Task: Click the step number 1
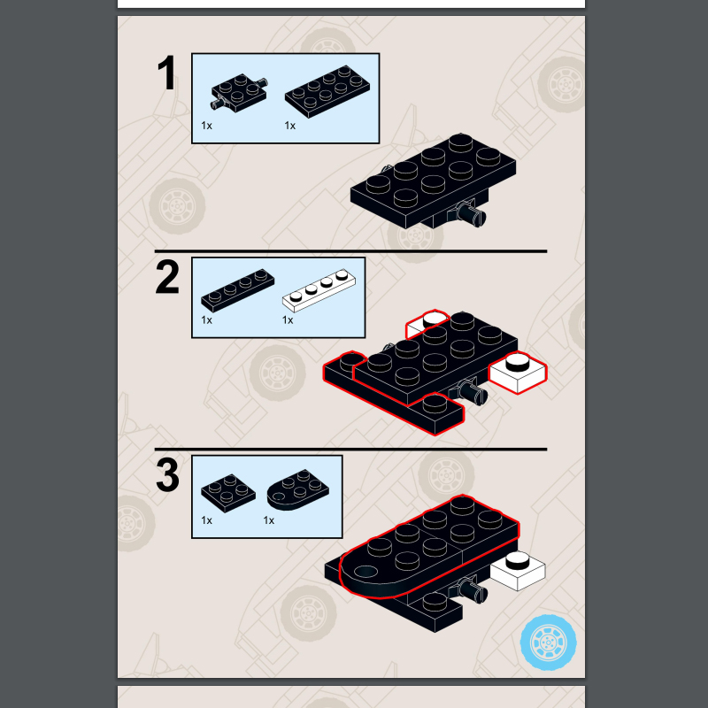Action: click(167, 73)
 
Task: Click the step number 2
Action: click(167, 277)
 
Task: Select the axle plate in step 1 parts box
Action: click(239, 93)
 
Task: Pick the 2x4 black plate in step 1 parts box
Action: click(327, 92)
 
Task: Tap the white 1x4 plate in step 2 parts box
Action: click(319, 290)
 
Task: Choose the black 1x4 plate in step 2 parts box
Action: click(237, 290)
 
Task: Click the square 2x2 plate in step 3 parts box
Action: click(228, 493)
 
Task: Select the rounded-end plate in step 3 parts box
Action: click(298, 490)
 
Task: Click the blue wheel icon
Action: click(548, 642)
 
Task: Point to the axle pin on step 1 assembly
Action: click(473, 214)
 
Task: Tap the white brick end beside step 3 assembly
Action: click(518, 571)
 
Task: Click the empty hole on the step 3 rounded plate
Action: click(366, 572)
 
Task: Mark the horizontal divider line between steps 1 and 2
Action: click(350, 251)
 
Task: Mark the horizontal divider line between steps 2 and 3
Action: click(350, 450)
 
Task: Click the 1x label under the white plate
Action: click(288, 320)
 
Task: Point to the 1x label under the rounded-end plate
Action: click(269, 520)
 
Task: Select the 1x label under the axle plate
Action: click(206, 126)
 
